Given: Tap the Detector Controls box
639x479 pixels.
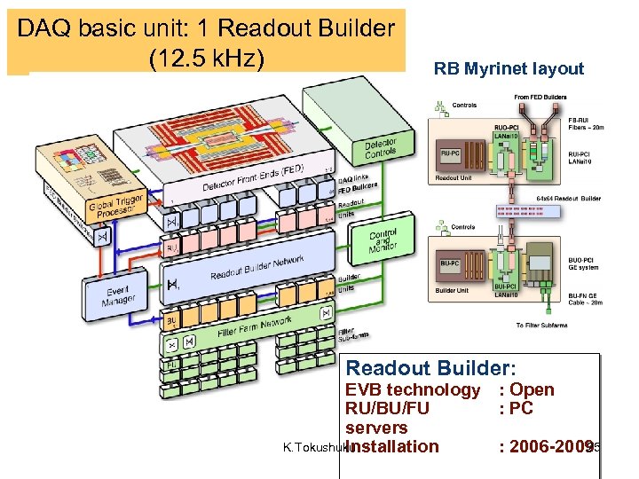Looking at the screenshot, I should click(380, 150).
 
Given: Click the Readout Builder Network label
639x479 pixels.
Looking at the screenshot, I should click(256, 267).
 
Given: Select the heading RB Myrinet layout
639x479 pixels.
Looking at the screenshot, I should click(509, 69).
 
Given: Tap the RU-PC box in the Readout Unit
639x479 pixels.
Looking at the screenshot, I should click(450, 152).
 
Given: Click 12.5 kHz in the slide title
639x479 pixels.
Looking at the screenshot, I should click(207, 58).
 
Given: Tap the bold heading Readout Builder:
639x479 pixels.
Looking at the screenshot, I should click(430, 368).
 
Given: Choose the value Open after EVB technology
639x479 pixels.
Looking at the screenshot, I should click(532, 389).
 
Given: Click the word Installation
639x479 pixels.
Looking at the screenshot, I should click(393, 446).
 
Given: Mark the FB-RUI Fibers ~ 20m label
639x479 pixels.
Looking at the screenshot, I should click(585, 123).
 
